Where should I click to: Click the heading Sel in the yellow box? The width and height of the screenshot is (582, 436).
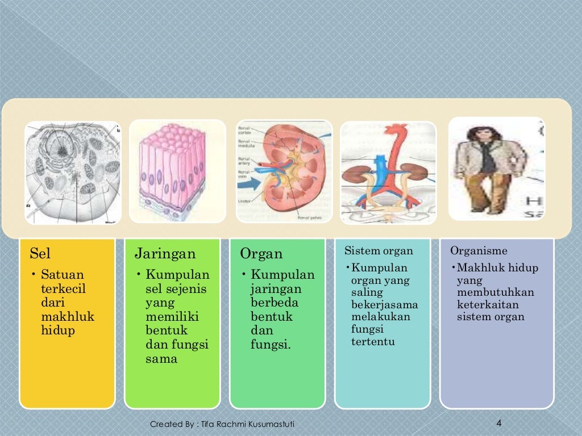40,253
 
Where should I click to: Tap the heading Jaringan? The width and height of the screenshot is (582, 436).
165,253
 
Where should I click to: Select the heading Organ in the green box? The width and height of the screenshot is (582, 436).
261,253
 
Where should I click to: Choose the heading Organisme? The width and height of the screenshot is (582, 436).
479,250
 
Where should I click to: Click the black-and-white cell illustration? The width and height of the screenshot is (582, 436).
73,173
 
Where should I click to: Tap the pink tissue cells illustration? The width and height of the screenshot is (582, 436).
177,171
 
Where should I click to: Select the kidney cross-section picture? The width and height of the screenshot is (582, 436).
284,171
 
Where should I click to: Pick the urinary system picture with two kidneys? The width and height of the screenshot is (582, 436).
388,173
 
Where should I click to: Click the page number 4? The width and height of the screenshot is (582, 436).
498,423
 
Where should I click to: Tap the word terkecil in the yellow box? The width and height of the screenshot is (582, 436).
64,288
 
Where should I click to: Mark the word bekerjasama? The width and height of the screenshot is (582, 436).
385,305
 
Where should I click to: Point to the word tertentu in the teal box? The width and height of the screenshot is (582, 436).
373,341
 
